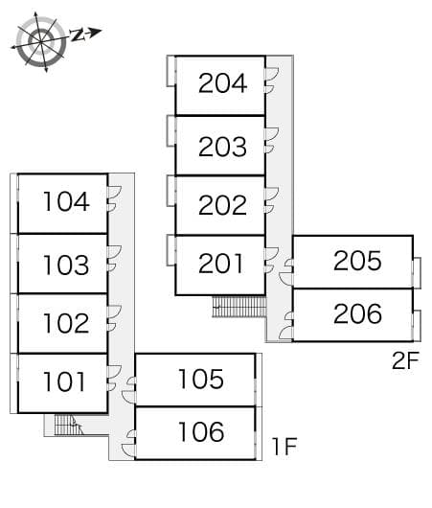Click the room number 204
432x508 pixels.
click(x=222, y=83)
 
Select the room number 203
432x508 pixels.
click(x=222, y=147)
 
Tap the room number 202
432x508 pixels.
click(x=222, y=205)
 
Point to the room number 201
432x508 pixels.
click(x=222, y=263)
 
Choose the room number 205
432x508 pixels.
click(x=357, y=260)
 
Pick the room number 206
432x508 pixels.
click(x=357, y=313)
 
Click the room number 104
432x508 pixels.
click(x=66, y=201)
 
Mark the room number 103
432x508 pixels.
click(x=66, y=265)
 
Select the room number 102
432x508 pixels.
click(x=66, y=323)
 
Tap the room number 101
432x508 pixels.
click(x=66, y=382)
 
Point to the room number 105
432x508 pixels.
click(x=200, y=379)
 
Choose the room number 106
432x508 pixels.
click(x=200, y=432)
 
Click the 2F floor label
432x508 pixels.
click(x=405, y=360)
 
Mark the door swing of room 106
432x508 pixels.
click(x=129, y=441)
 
